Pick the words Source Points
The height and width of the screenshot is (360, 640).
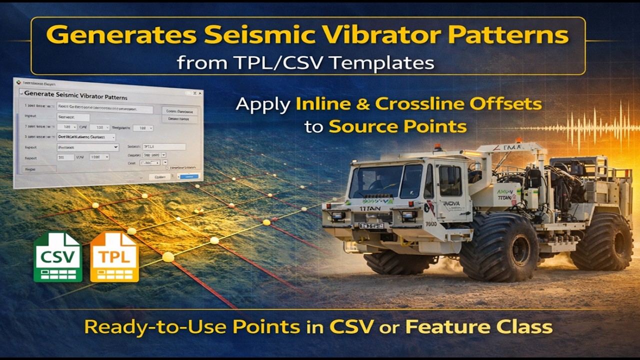coord(397,126)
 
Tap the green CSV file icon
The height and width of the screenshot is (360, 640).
coord(58,257)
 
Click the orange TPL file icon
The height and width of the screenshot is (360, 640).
coord(114,257)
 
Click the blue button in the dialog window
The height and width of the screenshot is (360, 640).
coord(189,176)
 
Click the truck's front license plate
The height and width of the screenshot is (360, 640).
coord(371,226)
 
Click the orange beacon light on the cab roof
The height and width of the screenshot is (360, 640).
coord(438,147)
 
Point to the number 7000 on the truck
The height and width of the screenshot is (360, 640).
coord(431,223)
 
